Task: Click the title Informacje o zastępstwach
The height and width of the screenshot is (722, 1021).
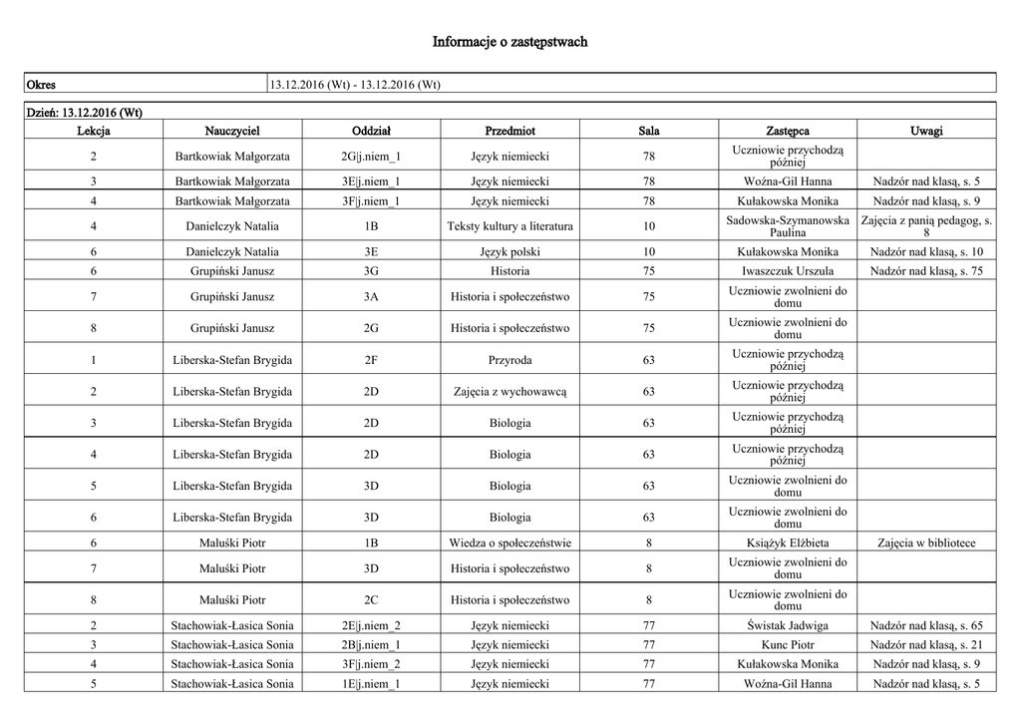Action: tap(510, 42)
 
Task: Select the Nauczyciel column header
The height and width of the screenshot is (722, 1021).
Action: tap(232, 131)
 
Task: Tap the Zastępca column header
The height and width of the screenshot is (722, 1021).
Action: tap(788, 131)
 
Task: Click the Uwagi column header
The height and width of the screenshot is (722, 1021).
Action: tap(926, 131)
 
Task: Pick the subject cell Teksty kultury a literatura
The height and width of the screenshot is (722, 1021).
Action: tap(510, 226)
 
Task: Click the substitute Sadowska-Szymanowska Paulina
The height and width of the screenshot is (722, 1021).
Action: tap(788, 226)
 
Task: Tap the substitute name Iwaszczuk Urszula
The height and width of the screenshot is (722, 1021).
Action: tap(788, 270)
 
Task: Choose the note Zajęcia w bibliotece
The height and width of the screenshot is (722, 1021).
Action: tap(926, 542)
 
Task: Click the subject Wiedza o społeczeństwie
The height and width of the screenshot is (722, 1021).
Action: tap(510, 542)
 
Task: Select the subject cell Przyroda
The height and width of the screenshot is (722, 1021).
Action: tap(510, 359)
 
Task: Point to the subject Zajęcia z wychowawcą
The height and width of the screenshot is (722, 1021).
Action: tap(510, 391)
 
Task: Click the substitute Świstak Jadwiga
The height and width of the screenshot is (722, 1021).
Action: tap(788, 625)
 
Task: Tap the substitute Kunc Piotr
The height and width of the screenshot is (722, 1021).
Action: tap(788, 644)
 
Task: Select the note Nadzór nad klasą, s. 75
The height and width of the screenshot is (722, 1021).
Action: tap(926, 270)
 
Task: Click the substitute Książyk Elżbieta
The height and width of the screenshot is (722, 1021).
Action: tap(788, 542)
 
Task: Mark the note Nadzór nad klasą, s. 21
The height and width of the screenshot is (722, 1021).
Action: tap(926, 644)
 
